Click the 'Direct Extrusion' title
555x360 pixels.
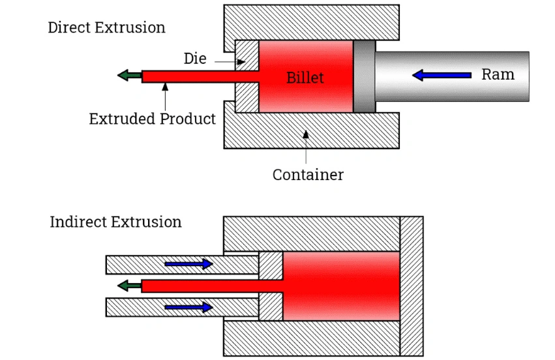[106, 27]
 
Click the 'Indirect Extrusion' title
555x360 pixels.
[115, 222]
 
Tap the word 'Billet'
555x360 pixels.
[305, 78]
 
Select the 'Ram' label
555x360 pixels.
[498, 74]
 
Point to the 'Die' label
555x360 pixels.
[195, 59]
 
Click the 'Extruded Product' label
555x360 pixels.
[152, 119]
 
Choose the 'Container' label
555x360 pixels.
[308, 175]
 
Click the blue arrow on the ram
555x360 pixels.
[442, 76]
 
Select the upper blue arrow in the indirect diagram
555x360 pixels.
[188, 264]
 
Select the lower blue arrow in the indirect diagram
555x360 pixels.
[188, 307]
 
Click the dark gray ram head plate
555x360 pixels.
[365, 76]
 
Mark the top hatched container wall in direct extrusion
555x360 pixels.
[311, 22]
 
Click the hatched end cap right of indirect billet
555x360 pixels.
[412, 286]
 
